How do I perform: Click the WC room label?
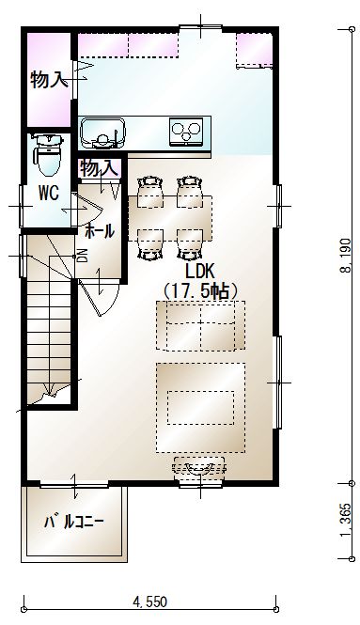[x=49, y=193]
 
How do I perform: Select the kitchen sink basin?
[x=102, y=133]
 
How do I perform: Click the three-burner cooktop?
[x=185, y=131]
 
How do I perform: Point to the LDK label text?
[x=199, y=272]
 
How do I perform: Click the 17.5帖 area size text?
[x=200, y=290]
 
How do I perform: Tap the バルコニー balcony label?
[x=73, y=522]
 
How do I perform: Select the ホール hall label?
[x=100, y=231]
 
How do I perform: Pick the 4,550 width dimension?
[x=149, y=602]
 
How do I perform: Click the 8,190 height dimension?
[x=345, y=256]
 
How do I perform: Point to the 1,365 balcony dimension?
[x=345, y=521]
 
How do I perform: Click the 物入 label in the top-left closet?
[x=47, y=80]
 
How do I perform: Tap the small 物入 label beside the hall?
[x=99, y=168]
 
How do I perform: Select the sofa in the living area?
[x=200, y=325]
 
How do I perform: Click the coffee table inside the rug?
[x=200, y=408]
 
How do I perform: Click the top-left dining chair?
[x=150, y=192]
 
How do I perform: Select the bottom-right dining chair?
[x=190, y=244]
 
